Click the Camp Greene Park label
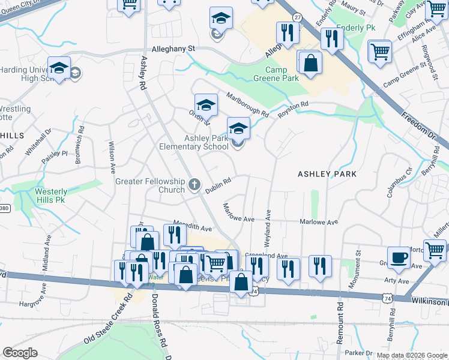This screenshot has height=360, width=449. point(282,74)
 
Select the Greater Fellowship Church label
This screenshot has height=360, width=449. point(149,185)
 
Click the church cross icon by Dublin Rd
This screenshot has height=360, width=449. point(194,185)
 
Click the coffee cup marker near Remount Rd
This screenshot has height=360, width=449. point(399,259)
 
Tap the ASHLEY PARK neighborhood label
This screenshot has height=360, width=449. point(327,174)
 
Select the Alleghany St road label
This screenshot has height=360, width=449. point(174,48)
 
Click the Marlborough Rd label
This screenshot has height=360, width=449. point(247,104)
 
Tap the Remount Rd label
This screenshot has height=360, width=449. point(340,321)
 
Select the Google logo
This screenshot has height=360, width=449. point(20,353)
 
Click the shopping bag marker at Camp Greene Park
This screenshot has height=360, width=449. point(310,62)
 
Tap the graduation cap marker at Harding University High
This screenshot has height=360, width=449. point(59,68)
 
